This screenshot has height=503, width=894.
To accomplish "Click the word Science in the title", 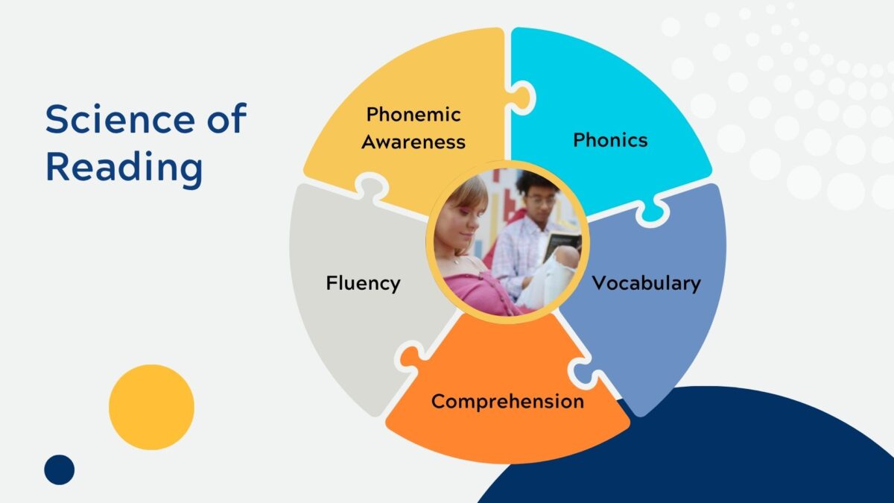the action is click(x=120, y=119).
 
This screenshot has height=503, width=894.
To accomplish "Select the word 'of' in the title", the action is click(x=226, y=118).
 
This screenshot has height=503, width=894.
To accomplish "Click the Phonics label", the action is click(x=610, y=140).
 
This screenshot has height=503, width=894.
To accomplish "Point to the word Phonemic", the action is click(x=413, y=115).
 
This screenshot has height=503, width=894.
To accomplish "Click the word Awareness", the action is click(x=413, y=142).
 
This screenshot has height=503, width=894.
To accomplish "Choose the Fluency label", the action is click(x=364, y=284).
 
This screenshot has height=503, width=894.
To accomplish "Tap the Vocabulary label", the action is click(x=646, y=284).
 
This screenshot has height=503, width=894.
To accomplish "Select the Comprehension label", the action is click(x=507, y=402).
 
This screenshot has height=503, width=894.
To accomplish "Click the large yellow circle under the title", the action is click(x=152, y=407).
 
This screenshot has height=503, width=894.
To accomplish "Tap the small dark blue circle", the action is click(x=60, y=470).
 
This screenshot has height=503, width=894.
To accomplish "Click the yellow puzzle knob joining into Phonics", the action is click(x=521, y=98).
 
